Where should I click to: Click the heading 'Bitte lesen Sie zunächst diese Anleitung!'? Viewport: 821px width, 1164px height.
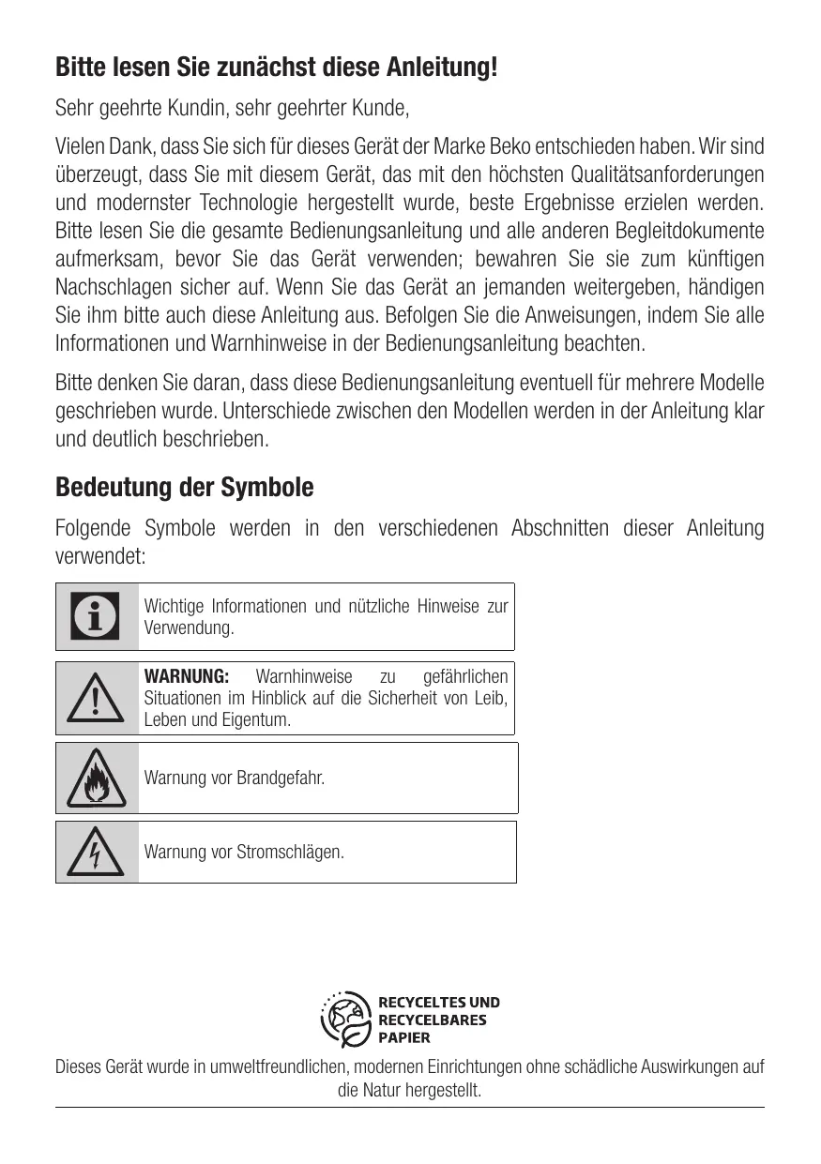(x=276, y=68)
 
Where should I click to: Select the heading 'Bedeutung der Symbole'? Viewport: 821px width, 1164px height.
(x=185, y=488)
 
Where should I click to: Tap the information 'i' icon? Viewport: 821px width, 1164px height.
(x=96, y=616)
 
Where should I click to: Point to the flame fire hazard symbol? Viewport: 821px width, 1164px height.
(x=96, y=779)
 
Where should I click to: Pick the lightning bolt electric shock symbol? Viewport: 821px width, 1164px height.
(x=96, y=853)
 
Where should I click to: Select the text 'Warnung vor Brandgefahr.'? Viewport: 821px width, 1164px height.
(x=234, y=779)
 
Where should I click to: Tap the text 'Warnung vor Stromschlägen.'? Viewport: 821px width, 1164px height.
(x=243, y=853)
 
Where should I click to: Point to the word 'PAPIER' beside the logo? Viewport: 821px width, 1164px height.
(x=404, y=1037)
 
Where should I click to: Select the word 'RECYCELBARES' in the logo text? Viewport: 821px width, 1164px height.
(x=432, y=1020)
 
